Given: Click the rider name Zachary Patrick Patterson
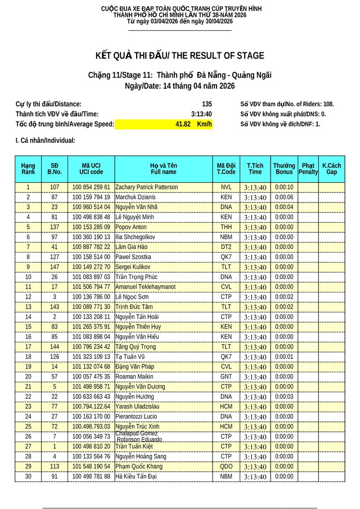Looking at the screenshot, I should [146, 187].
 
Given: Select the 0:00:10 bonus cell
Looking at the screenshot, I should [284, 187].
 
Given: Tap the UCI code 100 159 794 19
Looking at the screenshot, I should [91, 197].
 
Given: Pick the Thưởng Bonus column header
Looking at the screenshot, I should [284, 169].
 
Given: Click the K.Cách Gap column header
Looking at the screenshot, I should [331, 169].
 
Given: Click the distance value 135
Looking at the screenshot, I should [206, 104].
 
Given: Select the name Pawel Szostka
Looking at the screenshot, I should [133, 257].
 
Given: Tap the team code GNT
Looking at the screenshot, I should [226, 377].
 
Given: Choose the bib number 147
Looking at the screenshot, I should [55, 267].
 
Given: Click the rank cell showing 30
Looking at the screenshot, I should [28, 476].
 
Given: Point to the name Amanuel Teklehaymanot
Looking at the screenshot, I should [145, 287].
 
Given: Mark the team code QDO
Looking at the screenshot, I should [226, 467].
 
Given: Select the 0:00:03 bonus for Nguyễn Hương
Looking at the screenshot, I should [284, 397].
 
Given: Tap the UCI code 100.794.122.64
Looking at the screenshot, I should [91, 407].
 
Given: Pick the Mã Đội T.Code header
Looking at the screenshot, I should [226, 169].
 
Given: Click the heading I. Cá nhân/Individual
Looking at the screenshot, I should [45, 141].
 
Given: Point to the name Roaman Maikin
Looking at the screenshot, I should [134, 377].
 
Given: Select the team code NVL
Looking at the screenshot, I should [226, 187].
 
